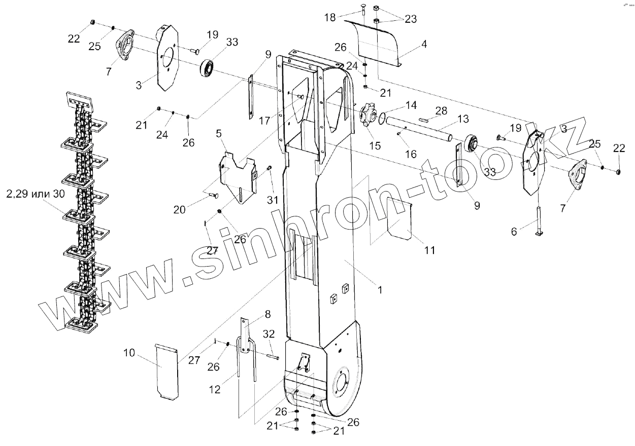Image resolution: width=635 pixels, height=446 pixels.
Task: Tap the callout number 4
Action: (x=423, y=44)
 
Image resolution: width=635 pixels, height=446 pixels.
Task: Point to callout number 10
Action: (x=129, y=352)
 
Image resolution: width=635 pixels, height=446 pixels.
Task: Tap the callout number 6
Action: (x=514, y=231)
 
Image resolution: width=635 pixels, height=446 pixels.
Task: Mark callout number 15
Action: (x=375, y=146)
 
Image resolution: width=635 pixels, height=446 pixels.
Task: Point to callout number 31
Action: (x=273, y=200)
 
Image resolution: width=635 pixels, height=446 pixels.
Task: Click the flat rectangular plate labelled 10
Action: (x=166, y=371)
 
